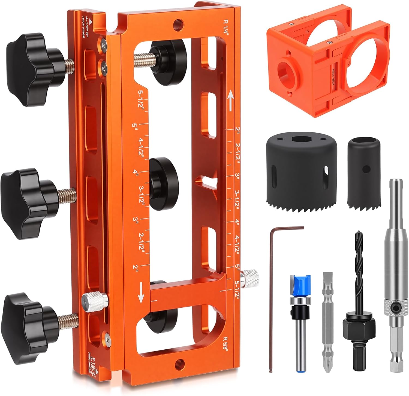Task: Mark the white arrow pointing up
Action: tap(231, 101)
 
